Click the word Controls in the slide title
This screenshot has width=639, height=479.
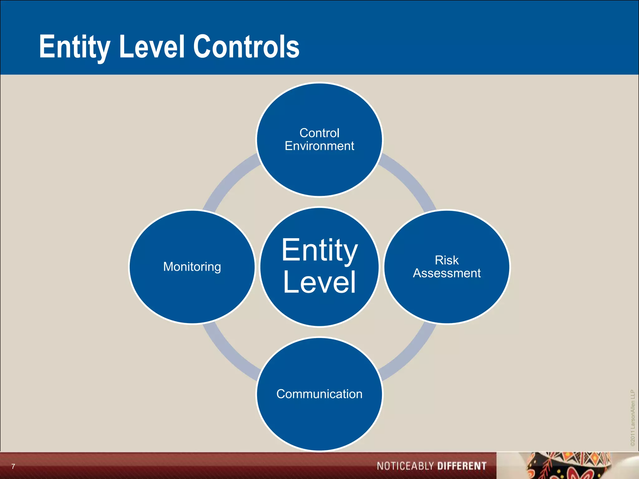coord(246,47)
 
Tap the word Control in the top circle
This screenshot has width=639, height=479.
coord(319,133)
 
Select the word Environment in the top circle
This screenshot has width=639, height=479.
coord(319,146)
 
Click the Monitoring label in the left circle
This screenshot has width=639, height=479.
coord(192,267)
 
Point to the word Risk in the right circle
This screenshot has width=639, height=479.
coord(446,260)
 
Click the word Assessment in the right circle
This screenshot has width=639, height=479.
coord(446,273)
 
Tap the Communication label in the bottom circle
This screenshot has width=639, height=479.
coord(319,394)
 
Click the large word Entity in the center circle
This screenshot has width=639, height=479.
coord(319,250)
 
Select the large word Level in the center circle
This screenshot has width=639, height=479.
coord(319,282)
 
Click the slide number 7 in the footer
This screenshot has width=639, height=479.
coord(13,466)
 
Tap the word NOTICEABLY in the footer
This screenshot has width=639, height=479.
coord(405,466)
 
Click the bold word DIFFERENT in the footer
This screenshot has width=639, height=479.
coord(462,466)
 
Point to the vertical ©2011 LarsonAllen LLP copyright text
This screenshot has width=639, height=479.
coord(632,418)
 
